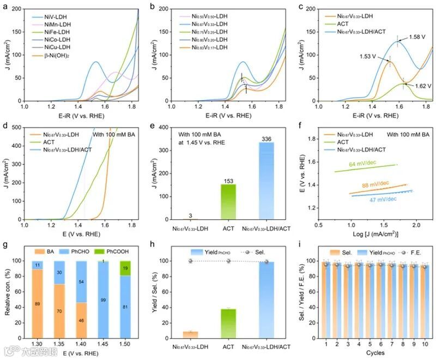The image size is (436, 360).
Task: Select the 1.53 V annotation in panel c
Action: tap(370, 56)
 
